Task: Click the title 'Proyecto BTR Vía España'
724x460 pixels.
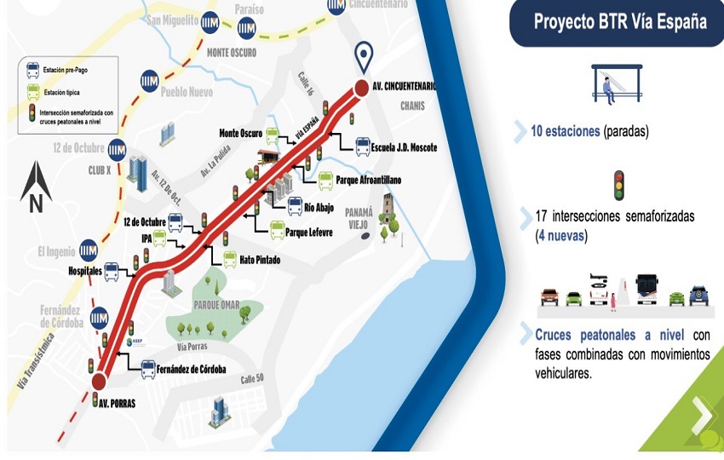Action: pyautogui.click(x=619, y=21)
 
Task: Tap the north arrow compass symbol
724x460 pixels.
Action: pyautogui.click(x=36, y=187)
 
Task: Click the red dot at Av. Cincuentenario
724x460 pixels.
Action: pyautogui.click(x=360, y=87)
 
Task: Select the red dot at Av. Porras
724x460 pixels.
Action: pyautogui.click(x=100, y=382)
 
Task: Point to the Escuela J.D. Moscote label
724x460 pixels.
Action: pyautogui.click(x=405, y=147)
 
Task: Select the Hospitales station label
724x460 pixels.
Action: pyautogui.click(x=85, y=270)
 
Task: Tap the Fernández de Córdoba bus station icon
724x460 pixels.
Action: pyautogui.click(x=148, y=369)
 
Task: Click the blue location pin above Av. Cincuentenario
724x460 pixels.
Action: pyautogui.click(x=365, y=57)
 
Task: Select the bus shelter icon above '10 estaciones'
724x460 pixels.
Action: pyautogui.click(x=616, y=84)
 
